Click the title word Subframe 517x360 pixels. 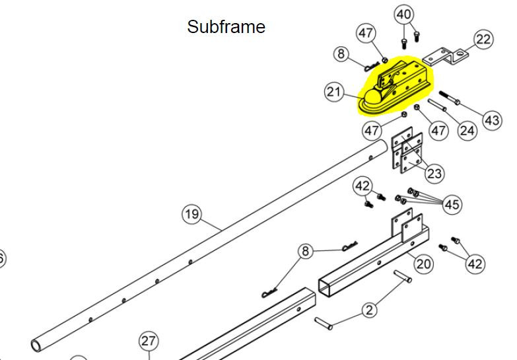226,26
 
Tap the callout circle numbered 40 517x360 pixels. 404,15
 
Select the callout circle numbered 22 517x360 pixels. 483,39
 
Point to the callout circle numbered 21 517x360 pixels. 333,92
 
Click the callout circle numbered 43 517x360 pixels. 492,120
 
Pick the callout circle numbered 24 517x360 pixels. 467,131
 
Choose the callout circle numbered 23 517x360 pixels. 434,173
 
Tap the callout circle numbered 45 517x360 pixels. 452,204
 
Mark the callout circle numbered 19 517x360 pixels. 192,215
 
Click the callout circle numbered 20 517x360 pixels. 423,264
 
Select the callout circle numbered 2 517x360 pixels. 369,310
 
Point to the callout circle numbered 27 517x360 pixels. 149,342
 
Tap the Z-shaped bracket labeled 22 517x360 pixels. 445,56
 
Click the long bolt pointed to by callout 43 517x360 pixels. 450,98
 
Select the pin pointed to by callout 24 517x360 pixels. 437,105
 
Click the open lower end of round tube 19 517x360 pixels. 36,345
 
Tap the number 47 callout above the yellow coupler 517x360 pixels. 366,33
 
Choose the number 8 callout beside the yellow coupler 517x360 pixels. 341,54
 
